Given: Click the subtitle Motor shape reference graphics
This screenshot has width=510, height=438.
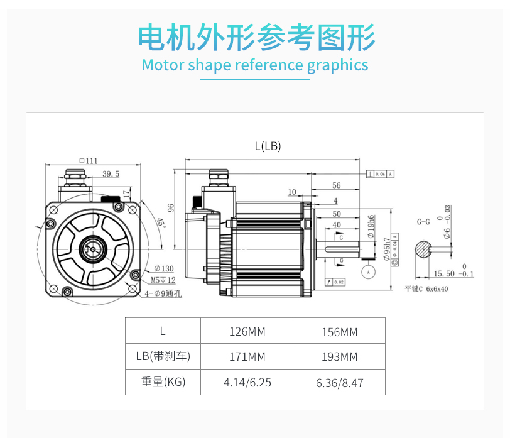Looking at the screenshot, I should tap(255, 65).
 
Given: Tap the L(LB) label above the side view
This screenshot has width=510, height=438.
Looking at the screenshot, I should tap(268, 146).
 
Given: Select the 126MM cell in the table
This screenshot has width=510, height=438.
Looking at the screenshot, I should tap(247, 331).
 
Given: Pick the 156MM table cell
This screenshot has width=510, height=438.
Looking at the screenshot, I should tap(339, 332).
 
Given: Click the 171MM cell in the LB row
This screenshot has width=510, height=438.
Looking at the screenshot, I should tap(247, 357).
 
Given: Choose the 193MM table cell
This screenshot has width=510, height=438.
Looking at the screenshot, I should tap(339, 357).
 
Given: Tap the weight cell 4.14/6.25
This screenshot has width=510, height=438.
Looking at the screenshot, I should tap(247, 382).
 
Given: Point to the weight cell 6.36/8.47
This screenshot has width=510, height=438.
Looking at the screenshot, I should tap(339, 382).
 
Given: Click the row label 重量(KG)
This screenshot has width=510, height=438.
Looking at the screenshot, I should tap(163, 382).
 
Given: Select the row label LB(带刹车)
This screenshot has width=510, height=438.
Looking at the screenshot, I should tap(163, 357).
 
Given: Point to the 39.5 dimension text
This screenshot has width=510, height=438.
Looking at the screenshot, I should tap(111, 174).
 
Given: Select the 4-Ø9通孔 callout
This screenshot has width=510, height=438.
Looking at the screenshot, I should tap(164, 293).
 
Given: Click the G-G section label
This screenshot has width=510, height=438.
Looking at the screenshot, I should tap(423, 222).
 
